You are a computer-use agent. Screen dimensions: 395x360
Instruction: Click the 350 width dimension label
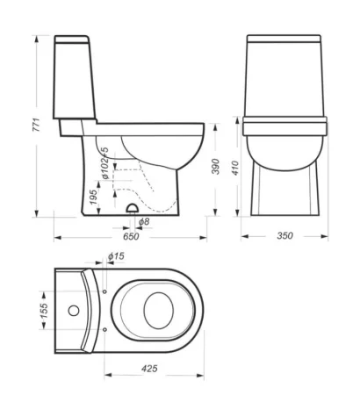click(284, 235)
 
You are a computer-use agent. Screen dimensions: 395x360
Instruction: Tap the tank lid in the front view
click(284, 40)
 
